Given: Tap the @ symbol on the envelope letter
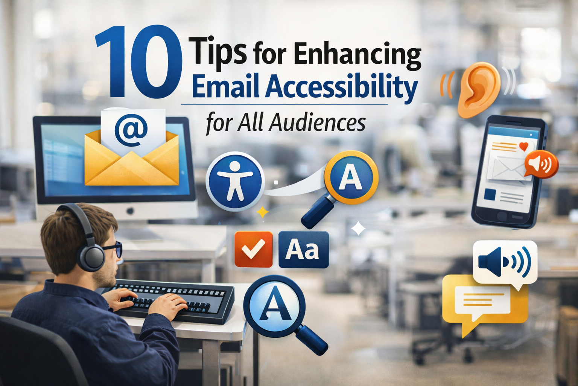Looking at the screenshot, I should (x=131, y=130).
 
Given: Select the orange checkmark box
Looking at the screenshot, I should (x=253, y=249).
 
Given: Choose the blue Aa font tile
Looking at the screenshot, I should (x=303, y=250).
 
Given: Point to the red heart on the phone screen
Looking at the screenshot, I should (x=523, y=146).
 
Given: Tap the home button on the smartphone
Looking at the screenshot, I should (x=502, y=216).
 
